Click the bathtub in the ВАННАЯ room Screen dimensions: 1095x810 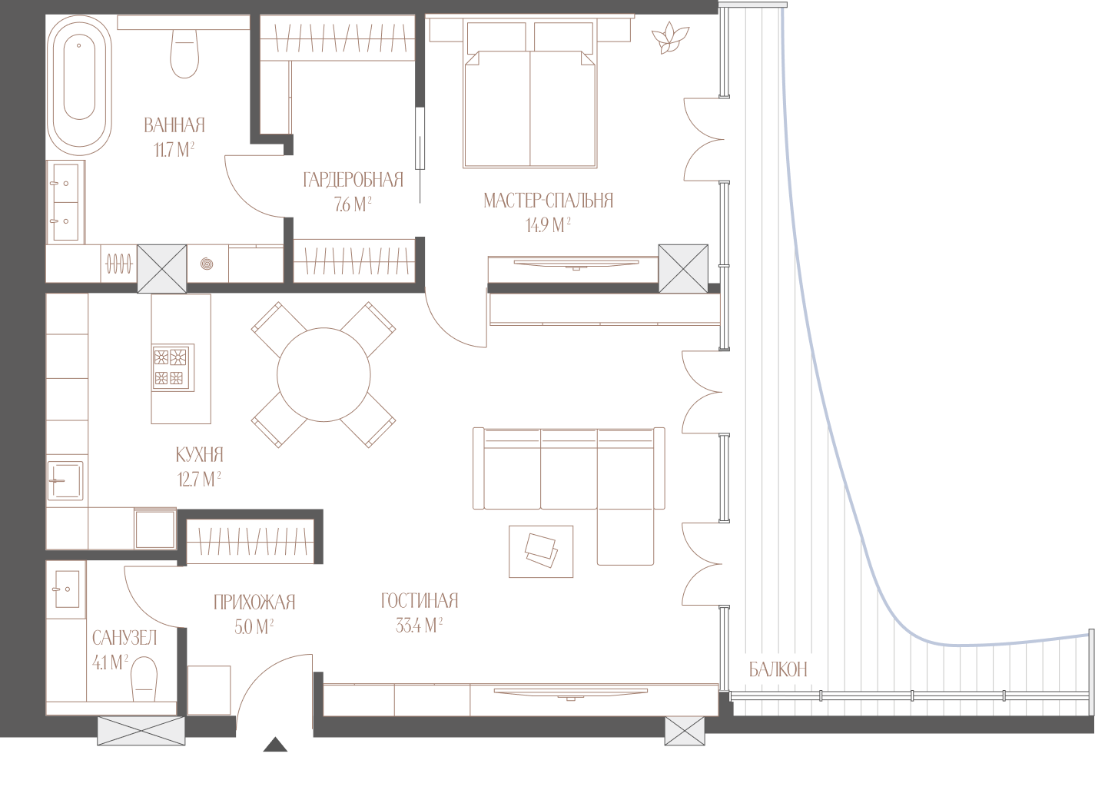(x=79, y=85)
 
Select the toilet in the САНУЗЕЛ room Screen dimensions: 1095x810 (x=144, y=679)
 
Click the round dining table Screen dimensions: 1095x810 (x=324, y=375)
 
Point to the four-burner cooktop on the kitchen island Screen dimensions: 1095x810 (x=173, y=367)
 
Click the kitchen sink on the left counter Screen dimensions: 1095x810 (x=65, y=480)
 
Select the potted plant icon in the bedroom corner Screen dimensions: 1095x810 (x=670, y=38)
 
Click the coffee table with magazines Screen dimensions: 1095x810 (x=541, y=552)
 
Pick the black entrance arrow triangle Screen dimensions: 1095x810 (x=275, y=745)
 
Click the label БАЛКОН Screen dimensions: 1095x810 (x=778, y=669)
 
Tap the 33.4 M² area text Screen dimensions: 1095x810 (x=419, y=626)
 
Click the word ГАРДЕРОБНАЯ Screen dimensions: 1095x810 (x=353, y=180)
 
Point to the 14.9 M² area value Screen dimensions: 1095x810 (x=548, y=225)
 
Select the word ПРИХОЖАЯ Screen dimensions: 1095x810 (x=254, y=603)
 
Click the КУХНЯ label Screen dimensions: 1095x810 (x=200, y=455)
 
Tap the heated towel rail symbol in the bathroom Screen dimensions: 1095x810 (x=119, y=264)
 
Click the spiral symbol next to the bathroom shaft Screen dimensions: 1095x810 (x=207, y=264)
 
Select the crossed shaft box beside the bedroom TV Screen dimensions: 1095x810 (x=683, y=269)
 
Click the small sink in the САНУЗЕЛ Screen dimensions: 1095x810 (x=67, y=589)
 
